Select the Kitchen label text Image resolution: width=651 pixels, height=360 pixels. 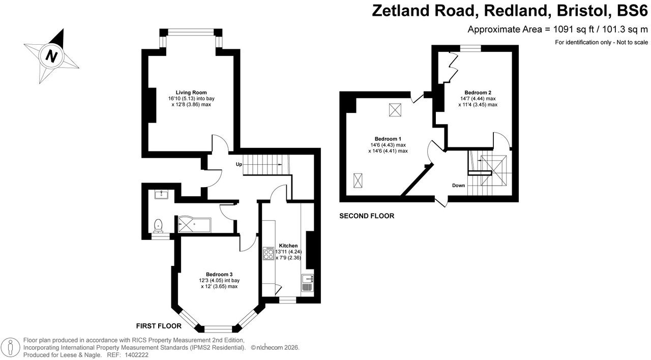(x=288, y=246)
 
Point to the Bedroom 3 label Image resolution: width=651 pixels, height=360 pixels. (x=219, y=275)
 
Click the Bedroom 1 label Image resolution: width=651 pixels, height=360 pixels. (x=388, y=139)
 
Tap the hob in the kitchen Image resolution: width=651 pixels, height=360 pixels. (x=268, y=254)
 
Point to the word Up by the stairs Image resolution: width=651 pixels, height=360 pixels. (x=239, y=164)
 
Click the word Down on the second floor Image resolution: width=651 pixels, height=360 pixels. (x=458, y=186)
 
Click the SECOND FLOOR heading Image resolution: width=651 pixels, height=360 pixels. (x=367, y=216)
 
